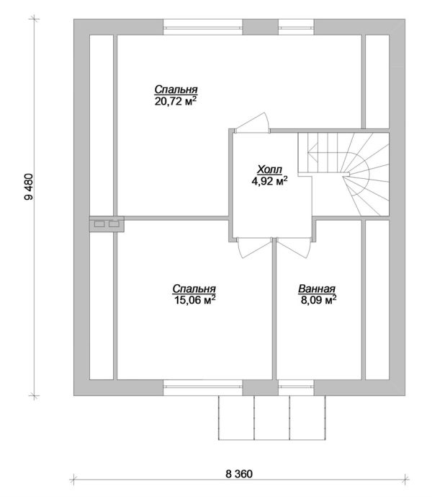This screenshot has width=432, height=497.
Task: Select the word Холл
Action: point(269,170)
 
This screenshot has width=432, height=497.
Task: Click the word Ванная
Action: point(317,289)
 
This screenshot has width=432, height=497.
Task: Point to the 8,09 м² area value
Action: point(318,299)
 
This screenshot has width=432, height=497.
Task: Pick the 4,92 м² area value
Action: point(269,180)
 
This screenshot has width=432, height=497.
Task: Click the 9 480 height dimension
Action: point(29,187)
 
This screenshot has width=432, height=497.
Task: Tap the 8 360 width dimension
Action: point(239,474)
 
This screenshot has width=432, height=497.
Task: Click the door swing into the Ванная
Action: point(294,248)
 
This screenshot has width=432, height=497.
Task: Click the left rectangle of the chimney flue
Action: point(99,224)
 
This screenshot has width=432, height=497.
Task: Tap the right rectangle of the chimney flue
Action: point(113,224)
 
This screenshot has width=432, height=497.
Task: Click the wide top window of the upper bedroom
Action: point(203,27)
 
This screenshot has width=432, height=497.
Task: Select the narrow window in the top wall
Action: point(296,27)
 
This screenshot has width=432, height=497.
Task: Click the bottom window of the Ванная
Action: point(296,387)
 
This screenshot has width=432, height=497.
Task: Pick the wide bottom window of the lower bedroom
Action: point(203,387)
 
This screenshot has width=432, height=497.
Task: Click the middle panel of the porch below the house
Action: point(272,418)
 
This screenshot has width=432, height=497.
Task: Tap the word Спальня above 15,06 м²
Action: point(194,289)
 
